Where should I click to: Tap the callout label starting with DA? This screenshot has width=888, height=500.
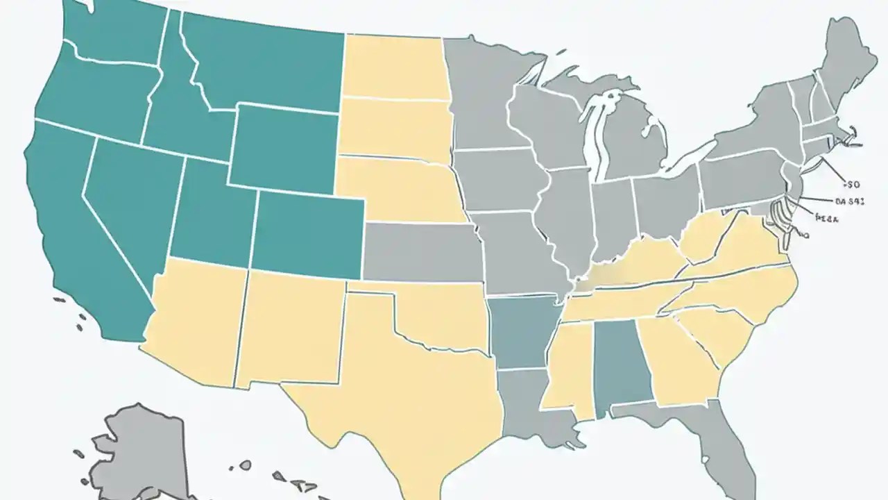tap(848, 201)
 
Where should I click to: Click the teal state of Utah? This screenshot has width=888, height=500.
tap(212, 212)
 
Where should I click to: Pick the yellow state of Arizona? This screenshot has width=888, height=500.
tap(194, 319)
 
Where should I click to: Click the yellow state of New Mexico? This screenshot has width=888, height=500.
tap(291, 326)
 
